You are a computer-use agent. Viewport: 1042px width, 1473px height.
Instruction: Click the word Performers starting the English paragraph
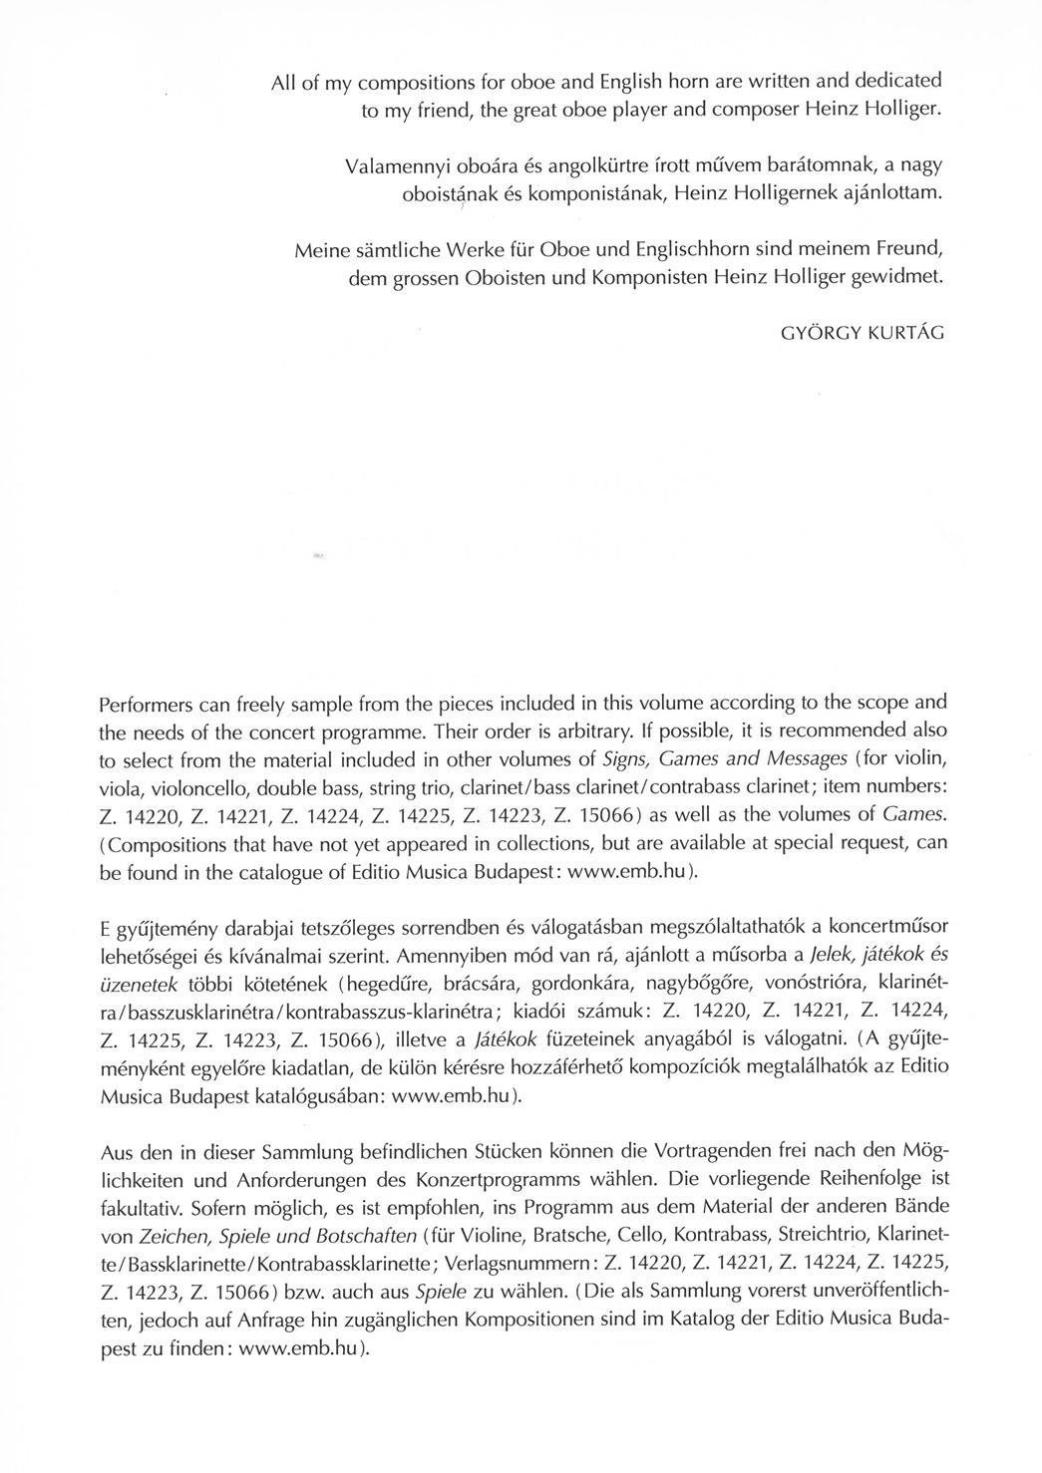pos(148,705)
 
